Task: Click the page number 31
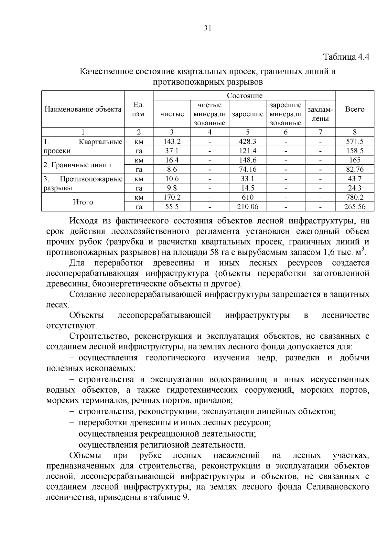[208, 28]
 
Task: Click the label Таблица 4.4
[346, 57]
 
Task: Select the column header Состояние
[244, 96]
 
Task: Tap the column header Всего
[355, 109]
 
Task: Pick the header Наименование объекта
[83, 109]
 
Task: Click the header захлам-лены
[320, 114]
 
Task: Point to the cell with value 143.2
[172, 141]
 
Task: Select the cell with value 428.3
[247, 141]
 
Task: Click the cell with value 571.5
[355, 141]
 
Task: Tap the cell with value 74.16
[247, 169]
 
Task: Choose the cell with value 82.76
[355, 169]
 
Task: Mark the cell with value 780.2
[355, 197]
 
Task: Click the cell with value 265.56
[355, 207]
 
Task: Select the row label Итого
[83, 202]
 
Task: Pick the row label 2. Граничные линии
[77, 165]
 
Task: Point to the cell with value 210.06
[247, 207]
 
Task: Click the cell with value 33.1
[247, 179]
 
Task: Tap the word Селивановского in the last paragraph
[338, 487]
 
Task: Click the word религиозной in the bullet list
[164, 445]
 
